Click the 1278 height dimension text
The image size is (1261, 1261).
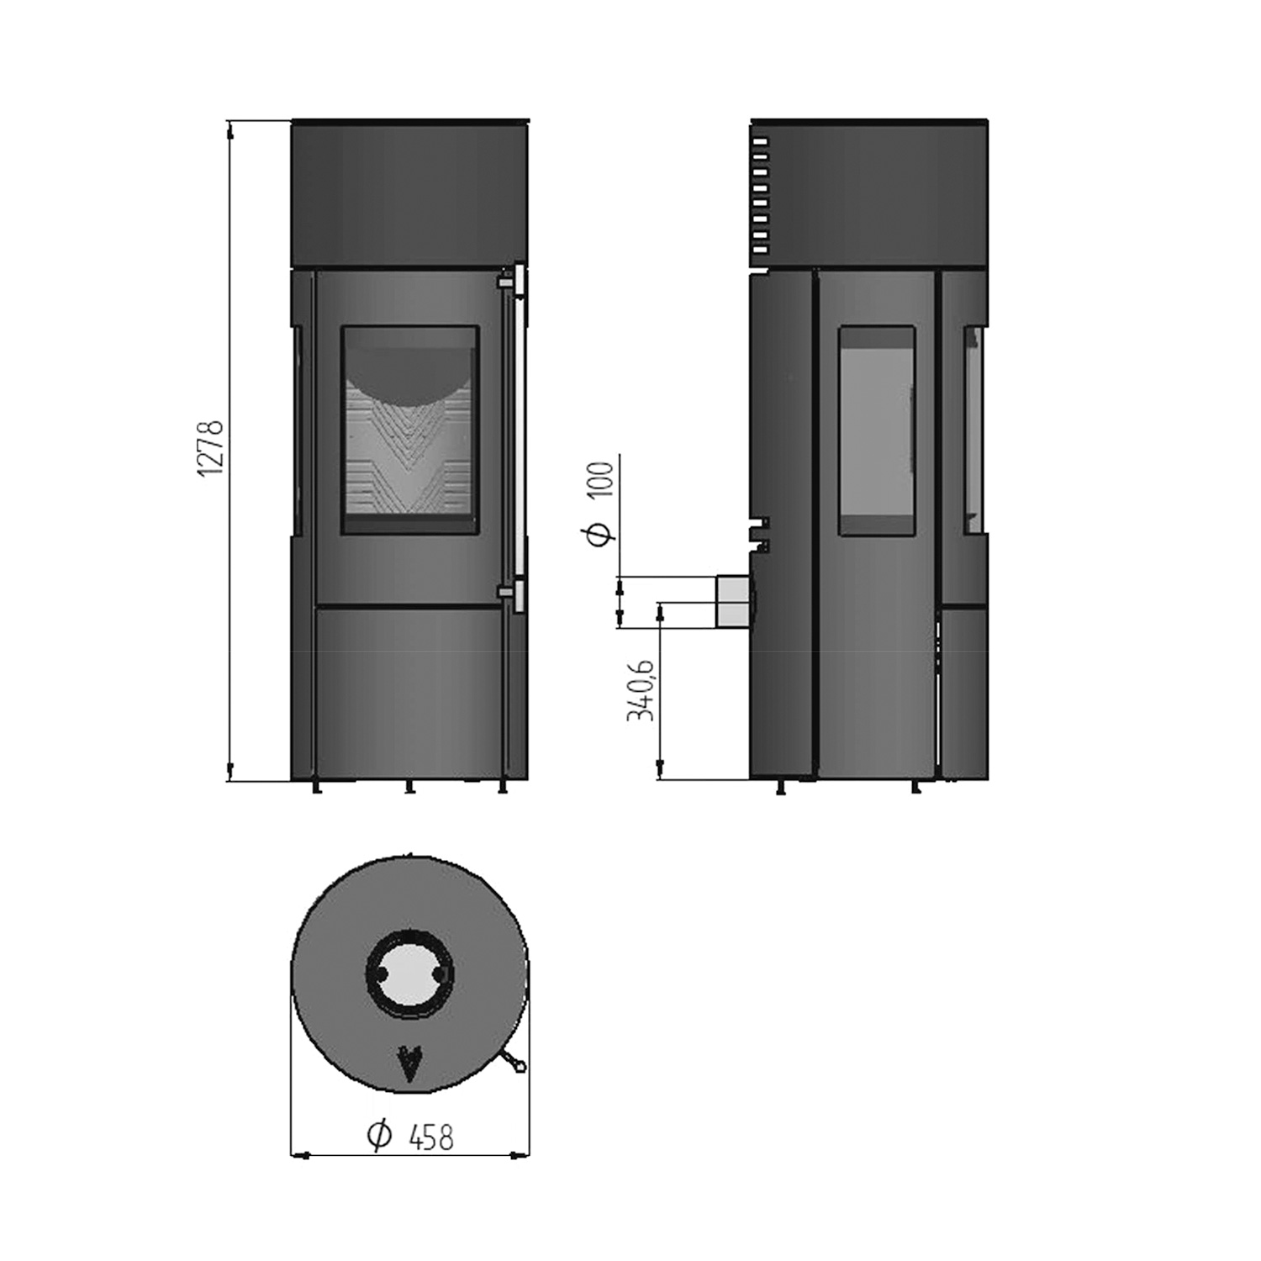pos(210,449)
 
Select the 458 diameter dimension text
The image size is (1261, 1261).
pos(430,1137)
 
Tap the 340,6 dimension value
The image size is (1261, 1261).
pos(641,689)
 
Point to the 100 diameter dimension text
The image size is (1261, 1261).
pos(602,480)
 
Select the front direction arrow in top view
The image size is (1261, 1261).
pos(409,1064)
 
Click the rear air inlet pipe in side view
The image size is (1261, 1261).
pos(732,601)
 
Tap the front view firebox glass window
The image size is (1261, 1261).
pos(409,430)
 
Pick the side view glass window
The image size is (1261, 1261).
pos(876,430)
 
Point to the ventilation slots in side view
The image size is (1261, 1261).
pos(760,197)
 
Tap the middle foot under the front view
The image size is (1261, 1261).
pos(409,787)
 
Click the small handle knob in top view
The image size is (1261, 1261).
pos(516,1066)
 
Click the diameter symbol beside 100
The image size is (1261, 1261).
pos(600,532)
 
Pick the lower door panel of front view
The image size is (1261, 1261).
pos(409,691)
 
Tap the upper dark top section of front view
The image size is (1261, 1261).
pos(409,193)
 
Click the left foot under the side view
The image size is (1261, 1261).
pos(781,787)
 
